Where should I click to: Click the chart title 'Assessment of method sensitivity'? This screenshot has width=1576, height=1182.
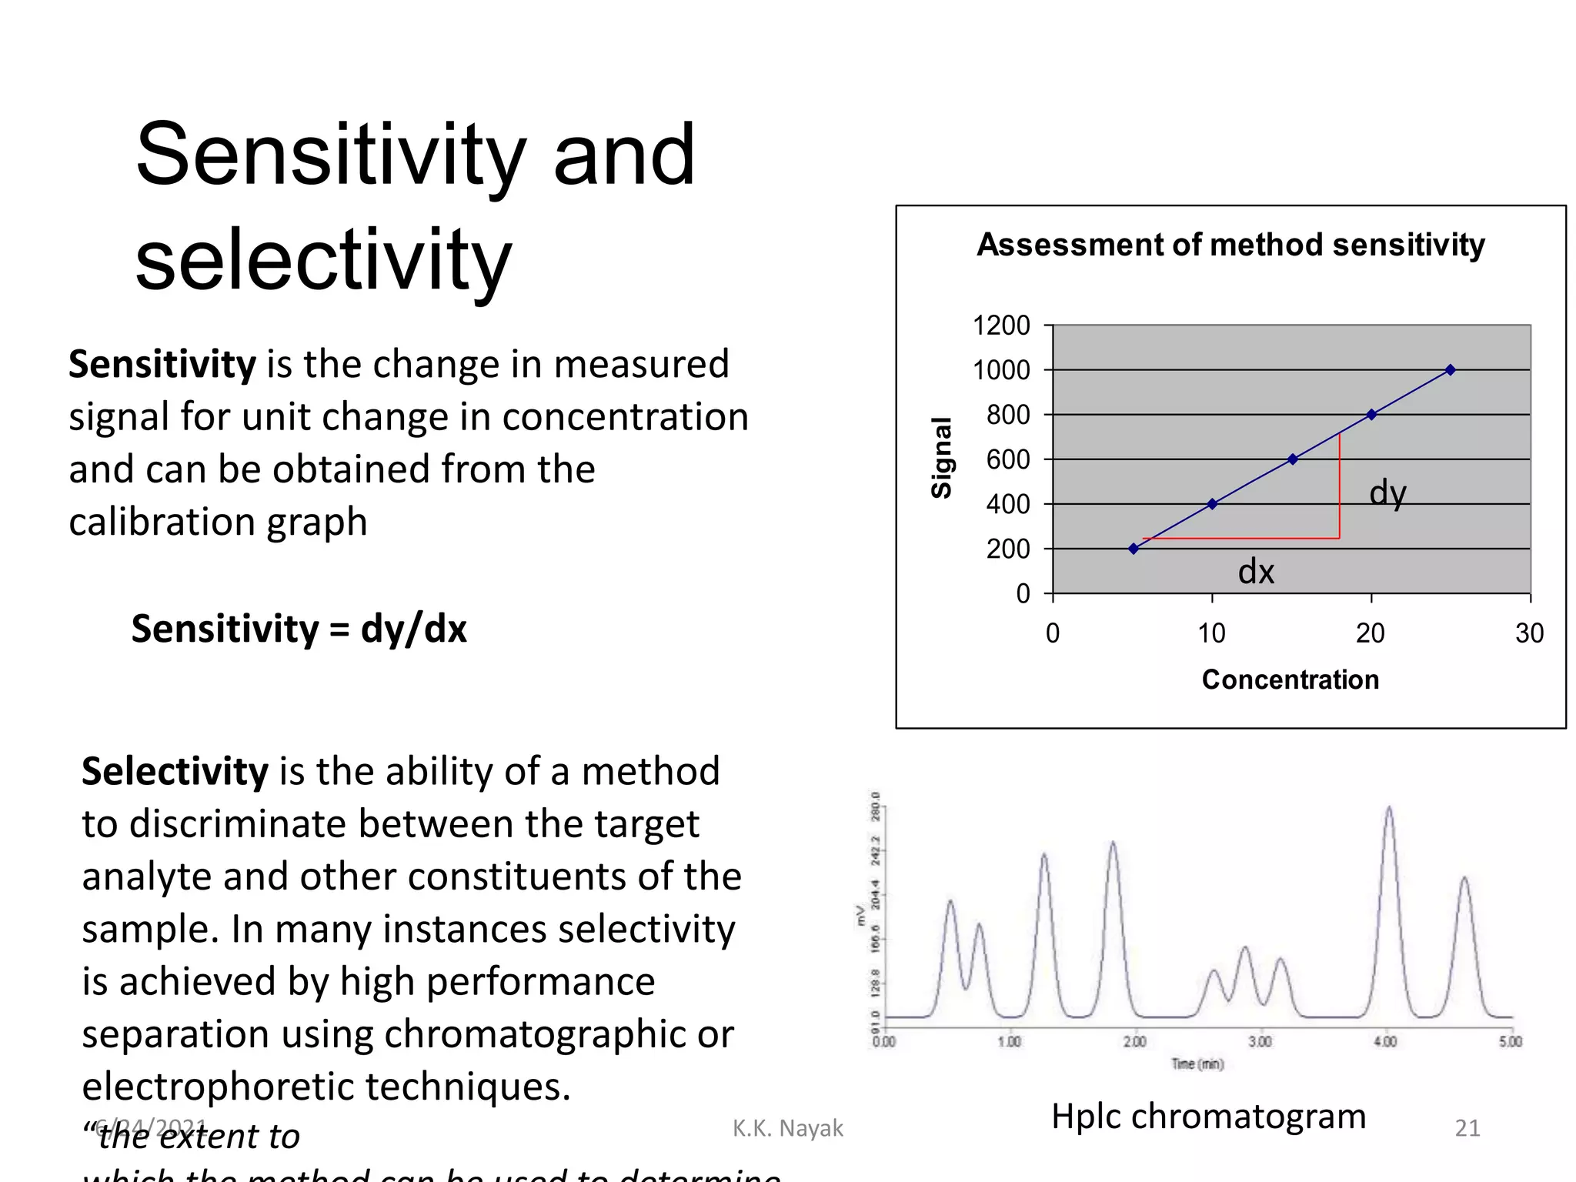1230,245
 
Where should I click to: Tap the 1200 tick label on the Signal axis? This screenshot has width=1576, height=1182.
1001,326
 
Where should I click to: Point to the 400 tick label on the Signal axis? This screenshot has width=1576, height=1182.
1008,505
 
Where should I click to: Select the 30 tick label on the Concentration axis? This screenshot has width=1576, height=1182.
1529,633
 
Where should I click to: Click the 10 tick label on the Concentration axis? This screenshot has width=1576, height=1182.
1211,633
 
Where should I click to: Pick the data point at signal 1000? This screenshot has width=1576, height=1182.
1450,370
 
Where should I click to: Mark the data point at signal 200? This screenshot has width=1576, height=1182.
1134,549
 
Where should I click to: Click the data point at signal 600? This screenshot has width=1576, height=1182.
1293,459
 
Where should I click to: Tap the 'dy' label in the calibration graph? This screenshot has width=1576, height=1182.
1387,493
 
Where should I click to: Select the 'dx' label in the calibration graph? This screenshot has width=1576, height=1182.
1256,572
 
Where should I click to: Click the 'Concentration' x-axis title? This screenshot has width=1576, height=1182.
1291,679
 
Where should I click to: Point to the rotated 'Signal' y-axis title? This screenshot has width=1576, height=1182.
942,458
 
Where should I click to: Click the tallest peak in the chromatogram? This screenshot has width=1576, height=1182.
1389,808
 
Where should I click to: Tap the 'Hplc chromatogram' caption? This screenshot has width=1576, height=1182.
1208,1116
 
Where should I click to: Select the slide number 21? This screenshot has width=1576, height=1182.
1467,1128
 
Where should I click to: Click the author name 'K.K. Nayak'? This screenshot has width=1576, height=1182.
787,1128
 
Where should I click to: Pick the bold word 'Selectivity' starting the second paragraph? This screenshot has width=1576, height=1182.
175,771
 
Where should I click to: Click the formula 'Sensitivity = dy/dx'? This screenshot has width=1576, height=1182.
299,629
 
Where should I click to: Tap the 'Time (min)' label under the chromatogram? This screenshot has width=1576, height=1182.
1197,1064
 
